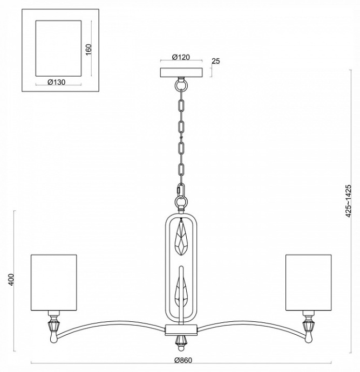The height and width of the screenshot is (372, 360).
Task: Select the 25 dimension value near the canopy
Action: click(x=215, y=61)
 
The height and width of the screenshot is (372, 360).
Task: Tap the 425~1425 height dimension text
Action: click(x=349, y=200)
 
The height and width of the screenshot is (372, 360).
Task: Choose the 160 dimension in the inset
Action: click(x=89, y=48)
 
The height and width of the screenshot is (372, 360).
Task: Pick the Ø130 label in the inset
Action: click(x=56, y=82)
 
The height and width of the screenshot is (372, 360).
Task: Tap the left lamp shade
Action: click(x=54, y=282)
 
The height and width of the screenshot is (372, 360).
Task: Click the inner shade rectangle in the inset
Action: click(x=58, y=49)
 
